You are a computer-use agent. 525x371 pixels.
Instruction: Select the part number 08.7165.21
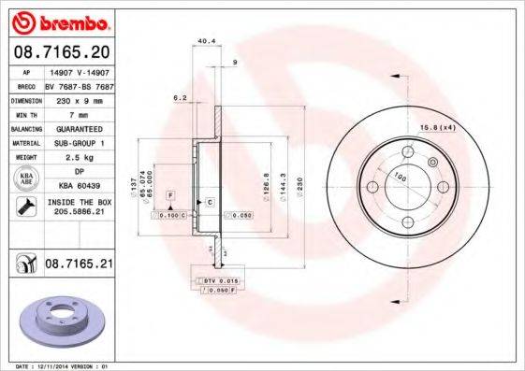(x=79, y=266)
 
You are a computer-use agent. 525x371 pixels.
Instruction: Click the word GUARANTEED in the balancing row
(x=79, y=128)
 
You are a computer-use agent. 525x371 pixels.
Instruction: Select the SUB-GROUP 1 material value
(x=79, y=143)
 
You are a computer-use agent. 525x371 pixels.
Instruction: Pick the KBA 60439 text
(x=79, y=186)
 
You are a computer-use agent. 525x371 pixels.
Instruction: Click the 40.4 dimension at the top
(x=207, y=40)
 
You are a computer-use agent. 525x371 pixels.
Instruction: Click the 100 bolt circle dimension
(x=401, y=178)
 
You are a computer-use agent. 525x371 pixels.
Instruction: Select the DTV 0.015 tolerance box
(x=216, y=280)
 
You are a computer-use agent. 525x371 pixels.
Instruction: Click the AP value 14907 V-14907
(x=79, y=71)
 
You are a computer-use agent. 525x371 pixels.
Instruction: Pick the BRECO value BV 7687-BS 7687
(x=79, y=84)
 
